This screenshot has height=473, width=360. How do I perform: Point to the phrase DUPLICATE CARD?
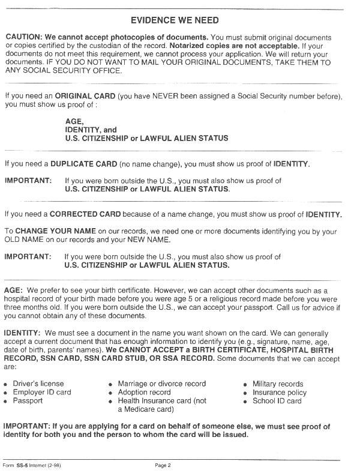[83, 163]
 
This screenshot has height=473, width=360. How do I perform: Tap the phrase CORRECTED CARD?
[85, 214]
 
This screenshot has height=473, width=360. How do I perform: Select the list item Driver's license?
[38, 384]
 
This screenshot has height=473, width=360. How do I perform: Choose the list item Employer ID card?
[42, 392]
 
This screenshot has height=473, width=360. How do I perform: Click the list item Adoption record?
[144, 392]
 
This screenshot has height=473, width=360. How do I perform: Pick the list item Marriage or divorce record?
[161, 384]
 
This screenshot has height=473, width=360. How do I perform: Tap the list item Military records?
[278, 384]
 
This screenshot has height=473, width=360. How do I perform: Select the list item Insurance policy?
[279, 392]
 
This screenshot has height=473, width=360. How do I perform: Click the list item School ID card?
[277, 400]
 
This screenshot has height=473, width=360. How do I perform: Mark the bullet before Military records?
[246, 384]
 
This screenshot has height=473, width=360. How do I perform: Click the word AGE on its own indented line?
[74, 121]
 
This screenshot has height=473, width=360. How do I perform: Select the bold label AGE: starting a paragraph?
[14, 291]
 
